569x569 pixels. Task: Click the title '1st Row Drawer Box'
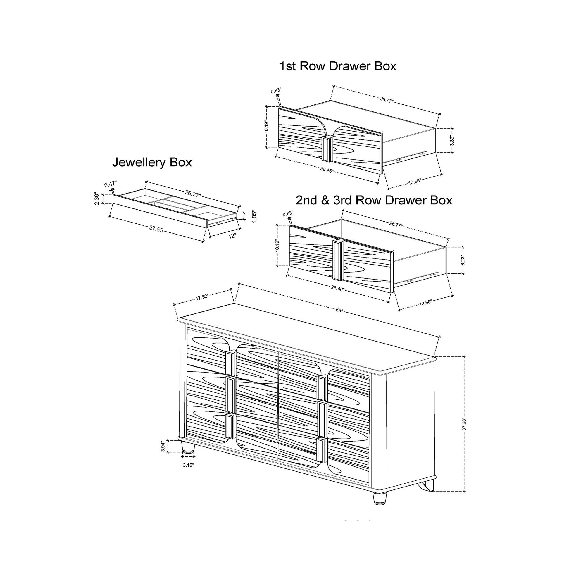(337, 66)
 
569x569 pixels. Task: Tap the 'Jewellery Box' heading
(152, 163)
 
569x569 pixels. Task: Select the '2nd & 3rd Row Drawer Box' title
(374, 200)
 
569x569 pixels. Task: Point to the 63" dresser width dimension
(339, 311)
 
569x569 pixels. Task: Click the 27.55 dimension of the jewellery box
(156, 229)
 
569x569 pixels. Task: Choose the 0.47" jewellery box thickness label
(111, 184)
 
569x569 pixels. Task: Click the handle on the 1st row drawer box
(326, 149)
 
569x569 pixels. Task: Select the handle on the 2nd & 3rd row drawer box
(337, 259)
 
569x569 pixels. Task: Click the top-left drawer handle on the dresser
(230, 365)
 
